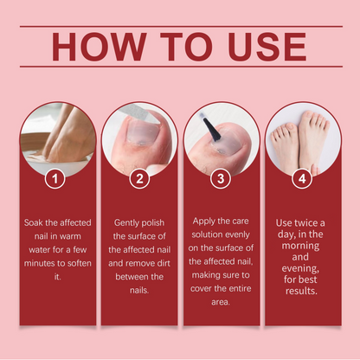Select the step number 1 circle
[55, 179]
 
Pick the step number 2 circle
[138, 179]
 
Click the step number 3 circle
[222, 179]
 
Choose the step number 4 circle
[303, 179]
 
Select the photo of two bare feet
[303, 138]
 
